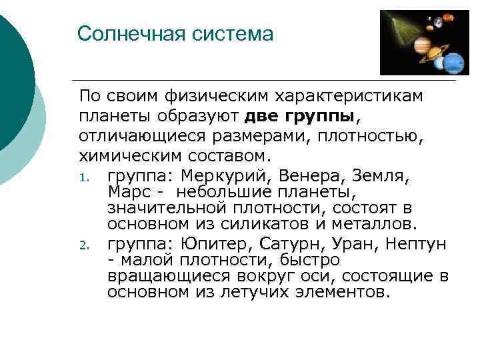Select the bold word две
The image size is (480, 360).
(x=263, y=117)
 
